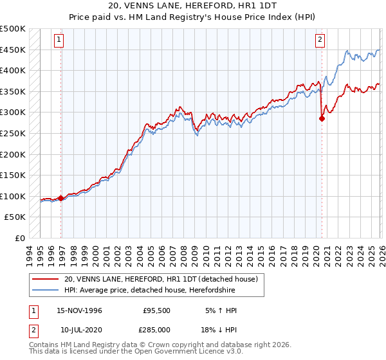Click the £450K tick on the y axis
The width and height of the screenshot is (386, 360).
coord(13,50)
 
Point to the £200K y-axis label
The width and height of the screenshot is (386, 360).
coord(13,154)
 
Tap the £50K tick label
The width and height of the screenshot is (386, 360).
coord(15,217)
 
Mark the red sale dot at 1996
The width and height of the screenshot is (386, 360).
coord(61,198)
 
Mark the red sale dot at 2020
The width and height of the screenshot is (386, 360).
coord(322,118)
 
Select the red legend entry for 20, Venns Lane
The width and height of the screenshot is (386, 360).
coord(161,279)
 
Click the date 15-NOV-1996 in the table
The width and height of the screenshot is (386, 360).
coord(80,310)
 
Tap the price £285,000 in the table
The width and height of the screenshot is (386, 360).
coord(156,330)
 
